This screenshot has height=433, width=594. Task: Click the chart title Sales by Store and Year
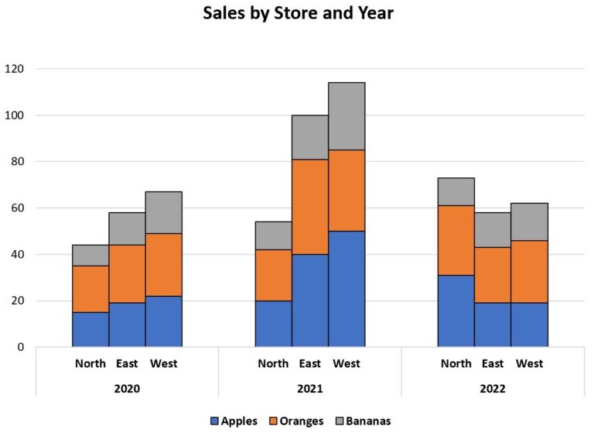(x=298, y=14)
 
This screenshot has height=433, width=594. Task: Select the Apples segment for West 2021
(x=346, y=289)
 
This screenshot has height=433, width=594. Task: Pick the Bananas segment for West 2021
(x=346, y=116)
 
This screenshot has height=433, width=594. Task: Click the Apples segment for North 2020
(x=90, y=329)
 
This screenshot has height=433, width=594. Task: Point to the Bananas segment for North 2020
(x=90, y=256)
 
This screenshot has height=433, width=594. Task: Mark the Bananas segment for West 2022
(x=530, y=222)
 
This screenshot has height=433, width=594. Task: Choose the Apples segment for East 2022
(x=493, y=325)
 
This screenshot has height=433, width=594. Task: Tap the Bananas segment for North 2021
(x=273, y=235)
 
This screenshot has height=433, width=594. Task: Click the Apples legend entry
(x=234, y=421)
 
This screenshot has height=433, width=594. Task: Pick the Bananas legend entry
(x=363, y=421)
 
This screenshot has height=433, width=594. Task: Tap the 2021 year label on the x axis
(x=309, y=388)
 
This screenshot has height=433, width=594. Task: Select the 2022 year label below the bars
(x=493, y=388)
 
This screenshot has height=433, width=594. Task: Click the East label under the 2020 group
(x=127, y=363)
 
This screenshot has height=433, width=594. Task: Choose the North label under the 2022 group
(x=456, y=363)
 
